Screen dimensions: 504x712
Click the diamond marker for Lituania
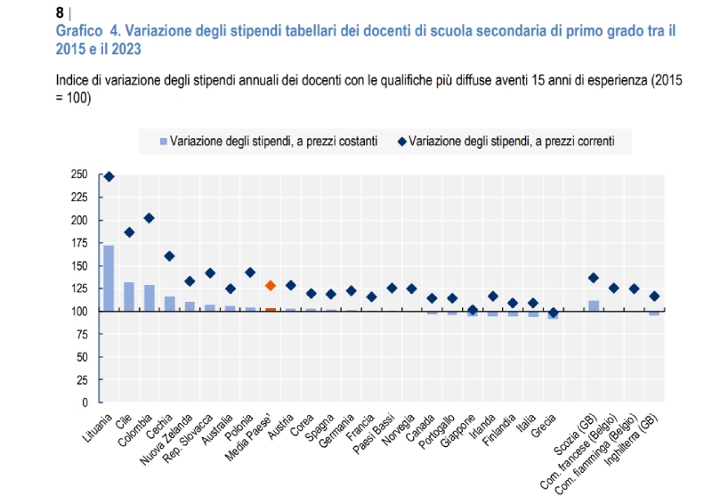(x=109, y=176)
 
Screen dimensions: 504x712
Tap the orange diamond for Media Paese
(x=271, y=286)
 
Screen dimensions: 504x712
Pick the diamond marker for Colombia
(x=149, y=218)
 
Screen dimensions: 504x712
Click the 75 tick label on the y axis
(x=81, y=334)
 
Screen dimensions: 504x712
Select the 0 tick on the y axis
(x=85, y=402)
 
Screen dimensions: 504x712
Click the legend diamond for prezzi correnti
(x=403, y=141)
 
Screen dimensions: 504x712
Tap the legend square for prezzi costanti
(x=163, y=141)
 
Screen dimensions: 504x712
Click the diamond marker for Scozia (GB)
(x=594, y=278)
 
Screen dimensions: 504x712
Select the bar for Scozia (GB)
(x=594, y=305)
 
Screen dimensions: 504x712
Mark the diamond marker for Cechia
(x=169, y=256)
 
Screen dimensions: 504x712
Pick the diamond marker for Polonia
(x=250, y=272)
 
